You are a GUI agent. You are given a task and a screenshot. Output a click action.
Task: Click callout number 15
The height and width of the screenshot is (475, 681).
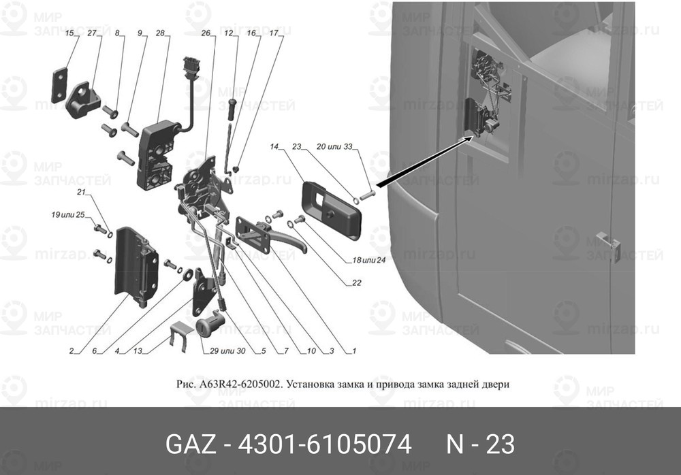[70, 33]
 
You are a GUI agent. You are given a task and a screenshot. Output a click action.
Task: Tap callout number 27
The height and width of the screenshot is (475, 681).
[92, 33]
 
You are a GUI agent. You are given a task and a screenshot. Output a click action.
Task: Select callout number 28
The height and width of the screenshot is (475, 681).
[160, 33]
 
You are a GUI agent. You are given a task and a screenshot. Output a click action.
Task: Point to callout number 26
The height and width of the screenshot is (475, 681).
[206, 33]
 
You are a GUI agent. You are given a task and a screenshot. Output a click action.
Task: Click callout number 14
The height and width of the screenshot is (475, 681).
[274, 147]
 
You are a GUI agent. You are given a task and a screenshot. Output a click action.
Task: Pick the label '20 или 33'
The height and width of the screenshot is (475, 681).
[334, 147]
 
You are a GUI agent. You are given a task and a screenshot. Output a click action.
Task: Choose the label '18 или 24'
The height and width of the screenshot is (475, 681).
[368, 261]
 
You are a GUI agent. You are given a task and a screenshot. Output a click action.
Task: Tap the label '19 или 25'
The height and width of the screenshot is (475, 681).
[67, 214]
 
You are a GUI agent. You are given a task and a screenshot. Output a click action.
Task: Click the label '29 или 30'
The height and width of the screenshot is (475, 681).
[227, 351]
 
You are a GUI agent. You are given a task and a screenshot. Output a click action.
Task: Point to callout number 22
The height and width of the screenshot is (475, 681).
[357, 283]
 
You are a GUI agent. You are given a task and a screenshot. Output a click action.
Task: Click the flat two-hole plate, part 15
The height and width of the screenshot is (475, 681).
[60, 85]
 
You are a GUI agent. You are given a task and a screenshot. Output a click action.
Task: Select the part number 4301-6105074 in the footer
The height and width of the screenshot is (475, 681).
[324, 444]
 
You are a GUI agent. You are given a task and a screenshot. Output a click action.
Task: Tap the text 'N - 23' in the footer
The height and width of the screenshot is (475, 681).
[481, 444]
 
